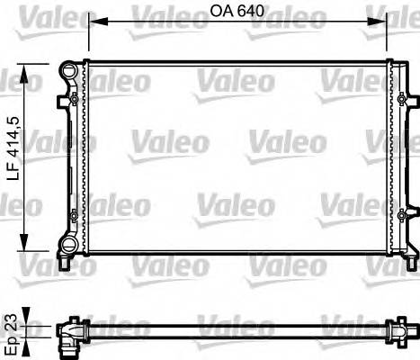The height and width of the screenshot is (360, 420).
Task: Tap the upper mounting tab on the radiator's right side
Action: (x=403, y=98)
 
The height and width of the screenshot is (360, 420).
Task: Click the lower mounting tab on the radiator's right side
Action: (x=403, y=214)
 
